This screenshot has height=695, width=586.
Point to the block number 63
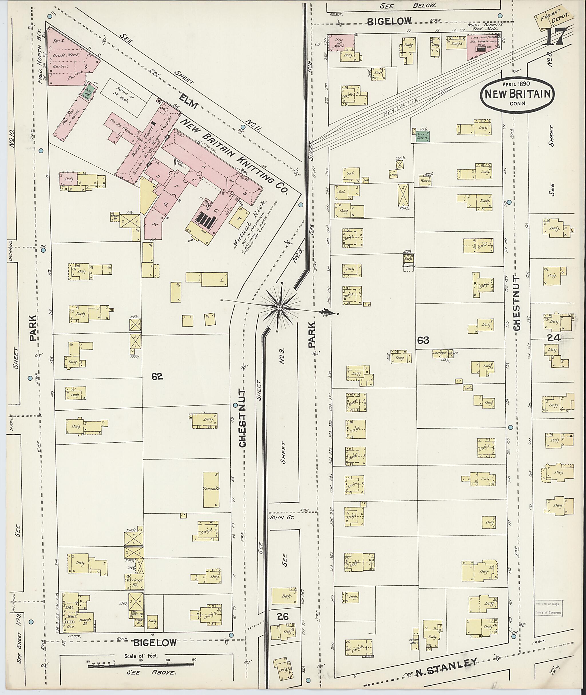(x=423, y=340)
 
